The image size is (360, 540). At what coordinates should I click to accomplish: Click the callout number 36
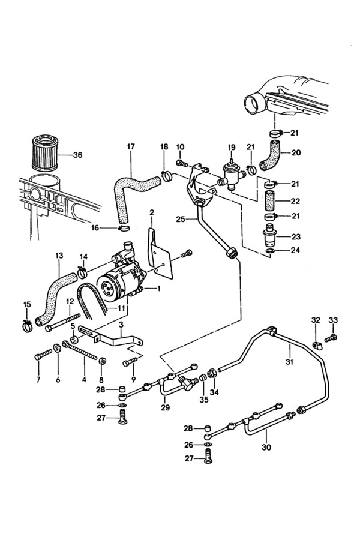pyautogui.click(x=78, y=155)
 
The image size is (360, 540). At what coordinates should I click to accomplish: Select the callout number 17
pyautogui.click(x=131, y=147)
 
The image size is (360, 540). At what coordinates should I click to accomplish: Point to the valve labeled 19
pyautogui.click(x=231, y=175)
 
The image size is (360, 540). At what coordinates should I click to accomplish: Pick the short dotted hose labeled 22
pyautogui.click(x=271, y=201)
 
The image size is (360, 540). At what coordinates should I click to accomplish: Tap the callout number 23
pyautogui.click(x=296, y=237)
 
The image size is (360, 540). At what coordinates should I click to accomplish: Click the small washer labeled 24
pyautogui.click(x=270, y=250)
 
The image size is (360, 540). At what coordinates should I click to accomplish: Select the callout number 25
pyautogui.click(x=181, y=219)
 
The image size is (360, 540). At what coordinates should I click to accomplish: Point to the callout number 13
pyautogui.click(x=59, y=256)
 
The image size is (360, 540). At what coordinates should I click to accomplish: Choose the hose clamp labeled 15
pyautogui.click(x=27, y=325)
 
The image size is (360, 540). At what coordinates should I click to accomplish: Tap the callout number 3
pyautogui.click(x=121, y=325)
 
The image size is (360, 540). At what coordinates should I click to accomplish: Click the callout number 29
pyautogui.click(x=166, y=408)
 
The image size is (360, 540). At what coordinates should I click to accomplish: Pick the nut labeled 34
pyautogui.click(x=212, y=373)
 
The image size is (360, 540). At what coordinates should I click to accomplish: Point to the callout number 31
pyautogui.click(x=289, y=362)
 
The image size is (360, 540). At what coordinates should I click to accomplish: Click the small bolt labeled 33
pyautogui.click(x=331, y=337)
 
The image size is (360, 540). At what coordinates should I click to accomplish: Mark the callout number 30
pyautogui.click(x=266, y=447)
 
